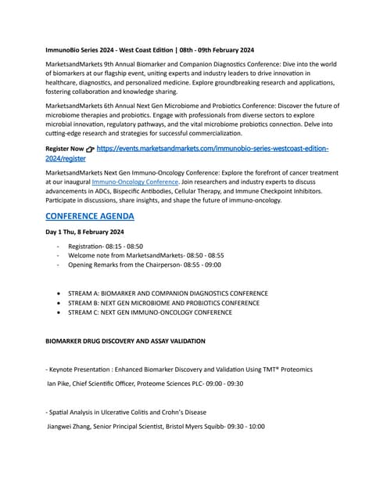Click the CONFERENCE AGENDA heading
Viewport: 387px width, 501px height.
tap(90, 216)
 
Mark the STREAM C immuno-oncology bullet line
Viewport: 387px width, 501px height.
tap(149, 312)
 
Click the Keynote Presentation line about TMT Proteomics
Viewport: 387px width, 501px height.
tap(179, 369)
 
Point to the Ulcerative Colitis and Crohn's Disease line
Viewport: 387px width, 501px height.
tap(126, 412)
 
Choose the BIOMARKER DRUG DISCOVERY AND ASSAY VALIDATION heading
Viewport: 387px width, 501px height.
tap(125, 341)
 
